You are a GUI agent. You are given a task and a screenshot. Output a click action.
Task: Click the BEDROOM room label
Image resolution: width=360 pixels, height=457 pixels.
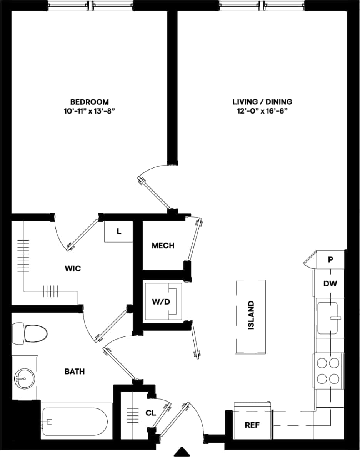(89, 102)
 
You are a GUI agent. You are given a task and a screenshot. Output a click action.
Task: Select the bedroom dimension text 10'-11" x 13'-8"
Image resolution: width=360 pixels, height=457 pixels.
(89, 111)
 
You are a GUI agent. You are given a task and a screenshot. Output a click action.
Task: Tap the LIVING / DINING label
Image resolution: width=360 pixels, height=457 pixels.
(262, 102)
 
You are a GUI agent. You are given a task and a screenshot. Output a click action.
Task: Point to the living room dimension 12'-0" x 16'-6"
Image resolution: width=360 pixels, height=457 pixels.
(262, 111)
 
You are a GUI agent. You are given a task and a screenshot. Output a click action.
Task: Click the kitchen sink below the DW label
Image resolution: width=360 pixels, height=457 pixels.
(327, 318)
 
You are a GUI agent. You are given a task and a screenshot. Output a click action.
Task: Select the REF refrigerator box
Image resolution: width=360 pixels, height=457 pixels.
(252, 425)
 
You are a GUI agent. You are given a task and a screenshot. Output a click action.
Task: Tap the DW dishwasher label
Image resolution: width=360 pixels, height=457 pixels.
(330, 284)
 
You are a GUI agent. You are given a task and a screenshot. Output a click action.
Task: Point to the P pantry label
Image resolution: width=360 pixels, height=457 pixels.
(330, 259)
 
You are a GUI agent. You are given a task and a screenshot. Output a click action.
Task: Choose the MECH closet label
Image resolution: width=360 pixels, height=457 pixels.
(163, 246)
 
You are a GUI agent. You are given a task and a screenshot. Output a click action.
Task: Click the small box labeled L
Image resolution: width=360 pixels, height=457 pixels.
(119, 232)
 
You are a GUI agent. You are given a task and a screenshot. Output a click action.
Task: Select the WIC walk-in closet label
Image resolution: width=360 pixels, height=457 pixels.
(73, 268)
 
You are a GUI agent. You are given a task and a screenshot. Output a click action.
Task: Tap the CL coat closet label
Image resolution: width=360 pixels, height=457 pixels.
(151, 413)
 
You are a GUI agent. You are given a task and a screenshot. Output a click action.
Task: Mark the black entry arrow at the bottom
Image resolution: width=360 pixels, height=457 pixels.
(183, 451)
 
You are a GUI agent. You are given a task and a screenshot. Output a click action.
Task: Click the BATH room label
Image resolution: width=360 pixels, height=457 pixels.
(74, 372)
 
